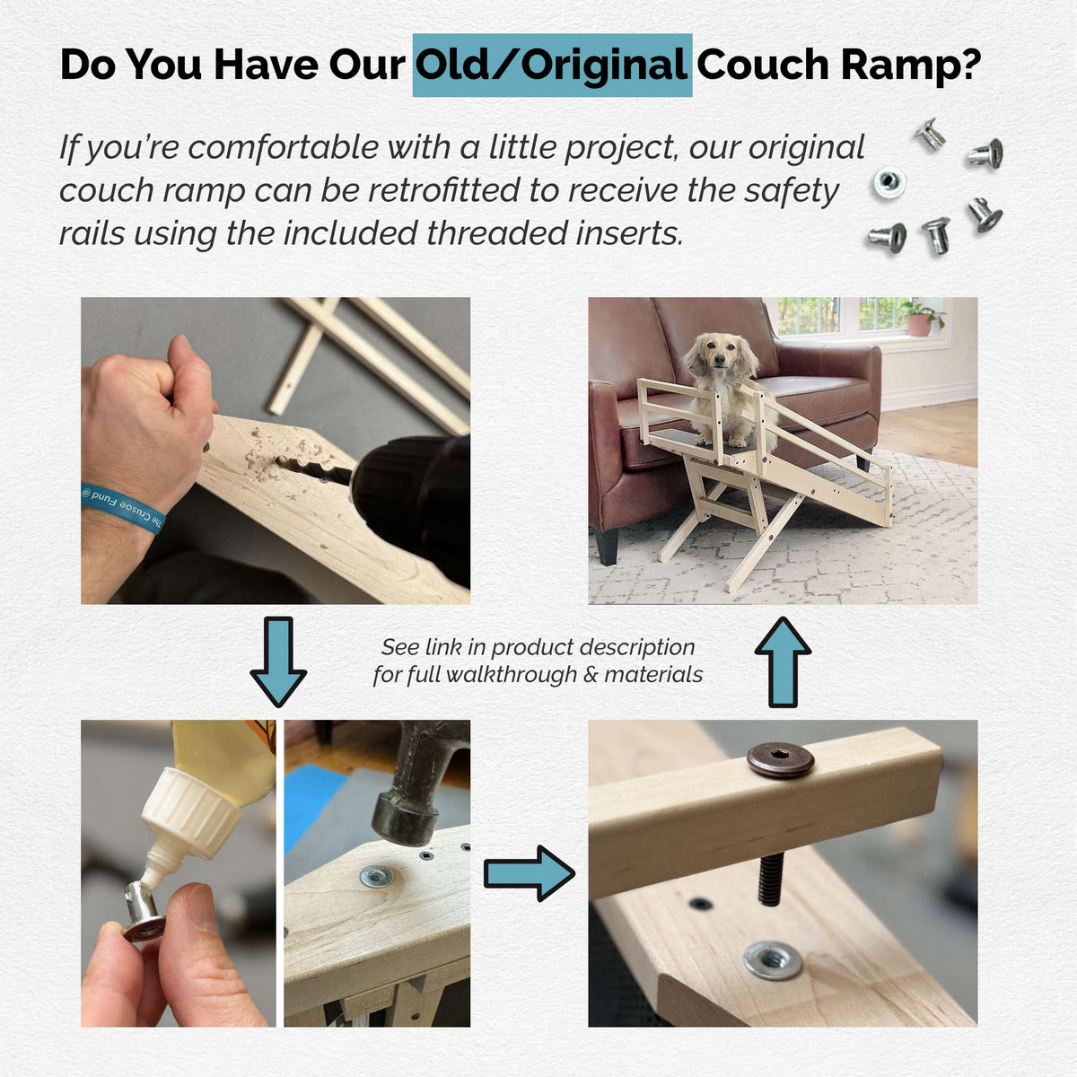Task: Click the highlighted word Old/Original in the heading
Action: coord(552,65)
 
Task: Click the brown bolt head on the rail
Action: coord(781,759)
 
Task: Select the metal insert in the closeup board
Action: coord(773,959)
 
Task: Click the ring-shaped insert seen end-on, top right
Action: coord(889,184)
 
